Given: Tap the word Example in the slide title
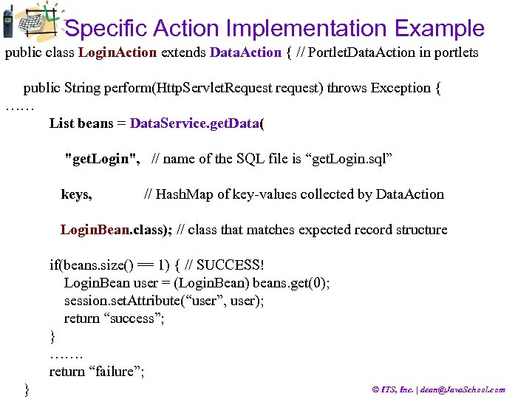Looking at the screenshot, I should (440, 29).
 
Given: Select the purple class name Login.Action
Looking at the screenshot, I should (117, 52).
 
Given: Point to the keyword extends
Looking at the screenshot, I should (183, 52).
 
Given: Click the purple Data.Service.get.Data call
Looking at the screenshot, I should (194, 123).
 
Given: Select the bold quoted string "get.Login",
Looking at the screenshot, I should (103, 159).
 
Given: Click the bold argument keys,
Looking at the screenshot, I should (76, 194).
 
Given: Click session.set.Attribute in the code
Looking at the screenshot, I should (115, 301).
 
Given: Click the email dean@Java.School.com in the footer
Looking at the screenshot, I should (462, 389).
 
